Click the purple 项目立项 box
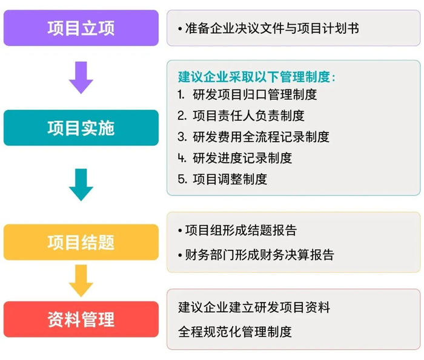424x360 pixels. (81, 28)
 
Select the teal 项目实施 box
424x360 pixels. (81, 128)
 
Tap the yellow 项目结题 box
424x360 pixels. (81, 243)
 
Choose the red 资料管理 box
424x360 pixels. (81, 319)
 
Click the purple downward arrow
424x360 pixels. (81, 77)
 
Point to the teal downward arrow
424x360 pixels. (81, 184)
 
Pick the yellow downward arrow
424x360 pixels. (81, 280)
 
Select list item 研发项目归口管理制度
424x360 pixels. (254, 95)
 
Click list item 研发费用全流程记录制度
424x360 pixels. (261, 137)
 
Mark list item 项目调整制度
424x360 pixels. (230, 179)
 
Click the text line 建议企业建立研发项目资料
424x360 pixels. (254, 307)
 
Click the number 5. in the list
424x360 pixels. (182, 179)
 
